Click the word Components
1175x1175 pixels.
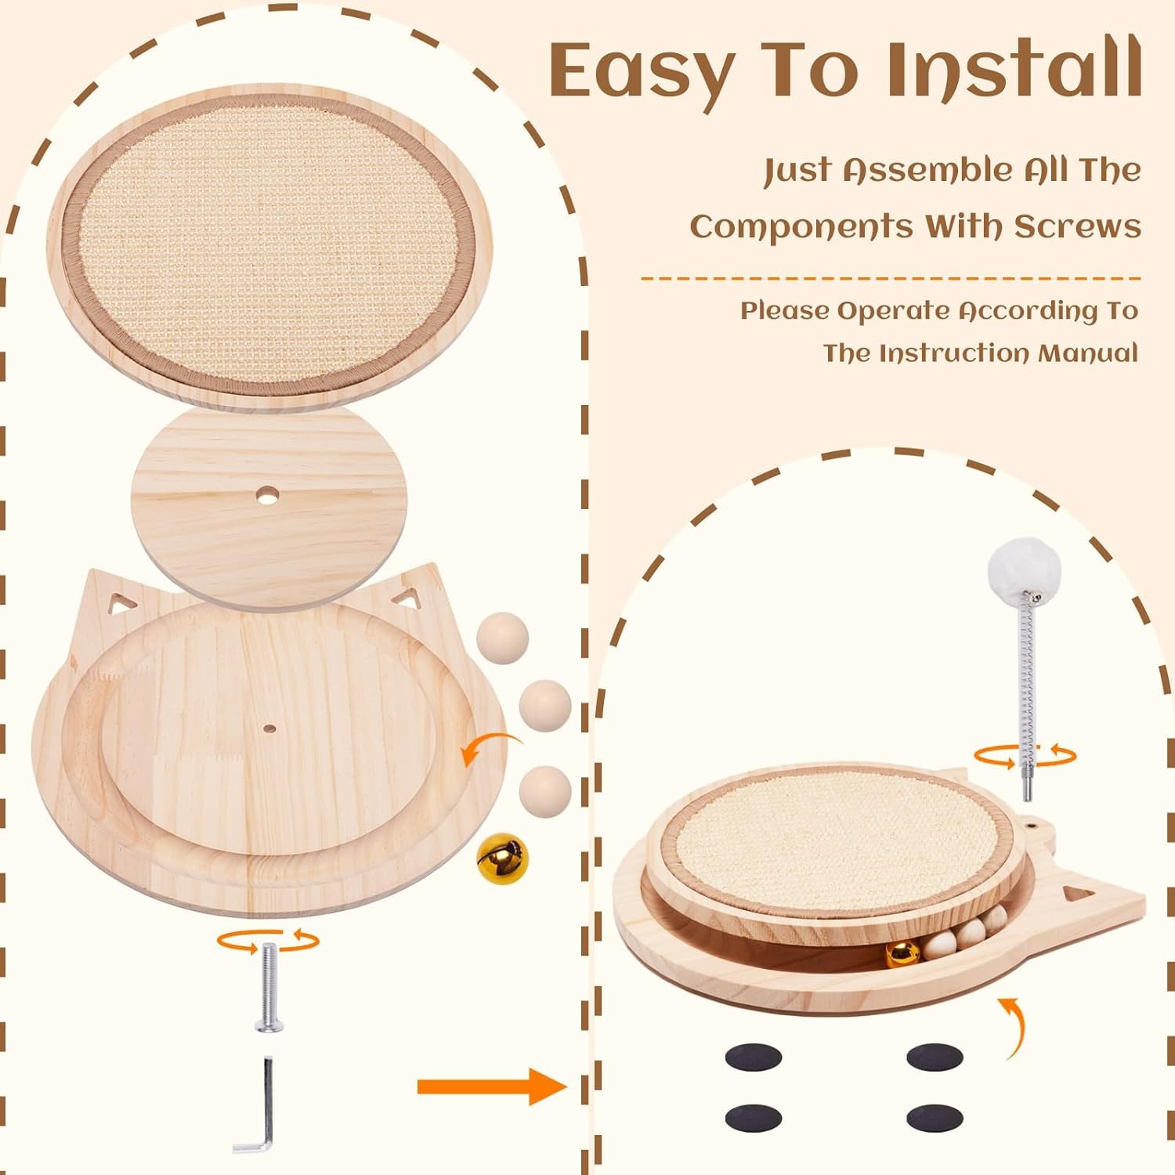pyautogui.click(x=801, y=227)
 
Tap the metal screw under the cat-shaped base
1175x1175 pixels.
pyautogui.click(x=269, y=988)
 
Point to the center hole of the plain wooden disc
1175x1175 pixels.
pyautogui.click(x=268, y=496)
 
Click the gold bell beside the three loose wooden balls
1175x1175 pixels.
pyautogui.click(x=502, y=858)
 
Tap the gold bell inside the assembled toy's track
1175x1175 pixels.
pyautogui.click(x=902, y=953)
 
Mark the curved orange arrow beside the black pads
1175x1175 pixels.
pyautogui.click(x=1015, y=1028)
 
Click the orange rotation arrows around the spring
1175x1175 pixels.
pyautogui.click(x=1025, y=756)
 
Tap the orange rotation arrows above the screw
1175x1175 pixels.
pyautogui.click(x=268, y=940)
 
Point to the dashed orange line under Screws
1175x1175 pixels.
pyautogui.click(x=890, y=278)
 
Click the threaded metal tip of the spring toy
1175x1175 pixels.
pyautogui.click(x=1027, y=786)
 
